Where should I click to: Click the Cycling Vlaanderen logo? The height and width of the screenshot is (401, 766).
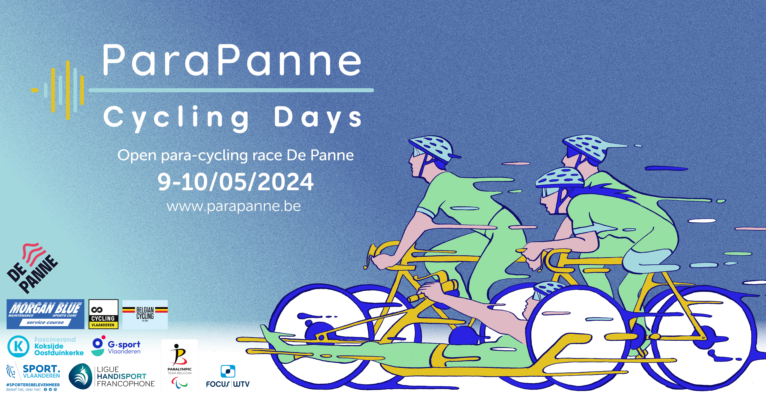coord(103,314)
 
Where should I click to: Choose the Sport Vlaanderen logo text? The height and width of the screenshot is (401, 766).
coord(41,372)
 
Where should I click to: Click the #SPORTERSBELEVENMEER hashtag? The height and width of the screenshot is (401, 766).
coord(33,385)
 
